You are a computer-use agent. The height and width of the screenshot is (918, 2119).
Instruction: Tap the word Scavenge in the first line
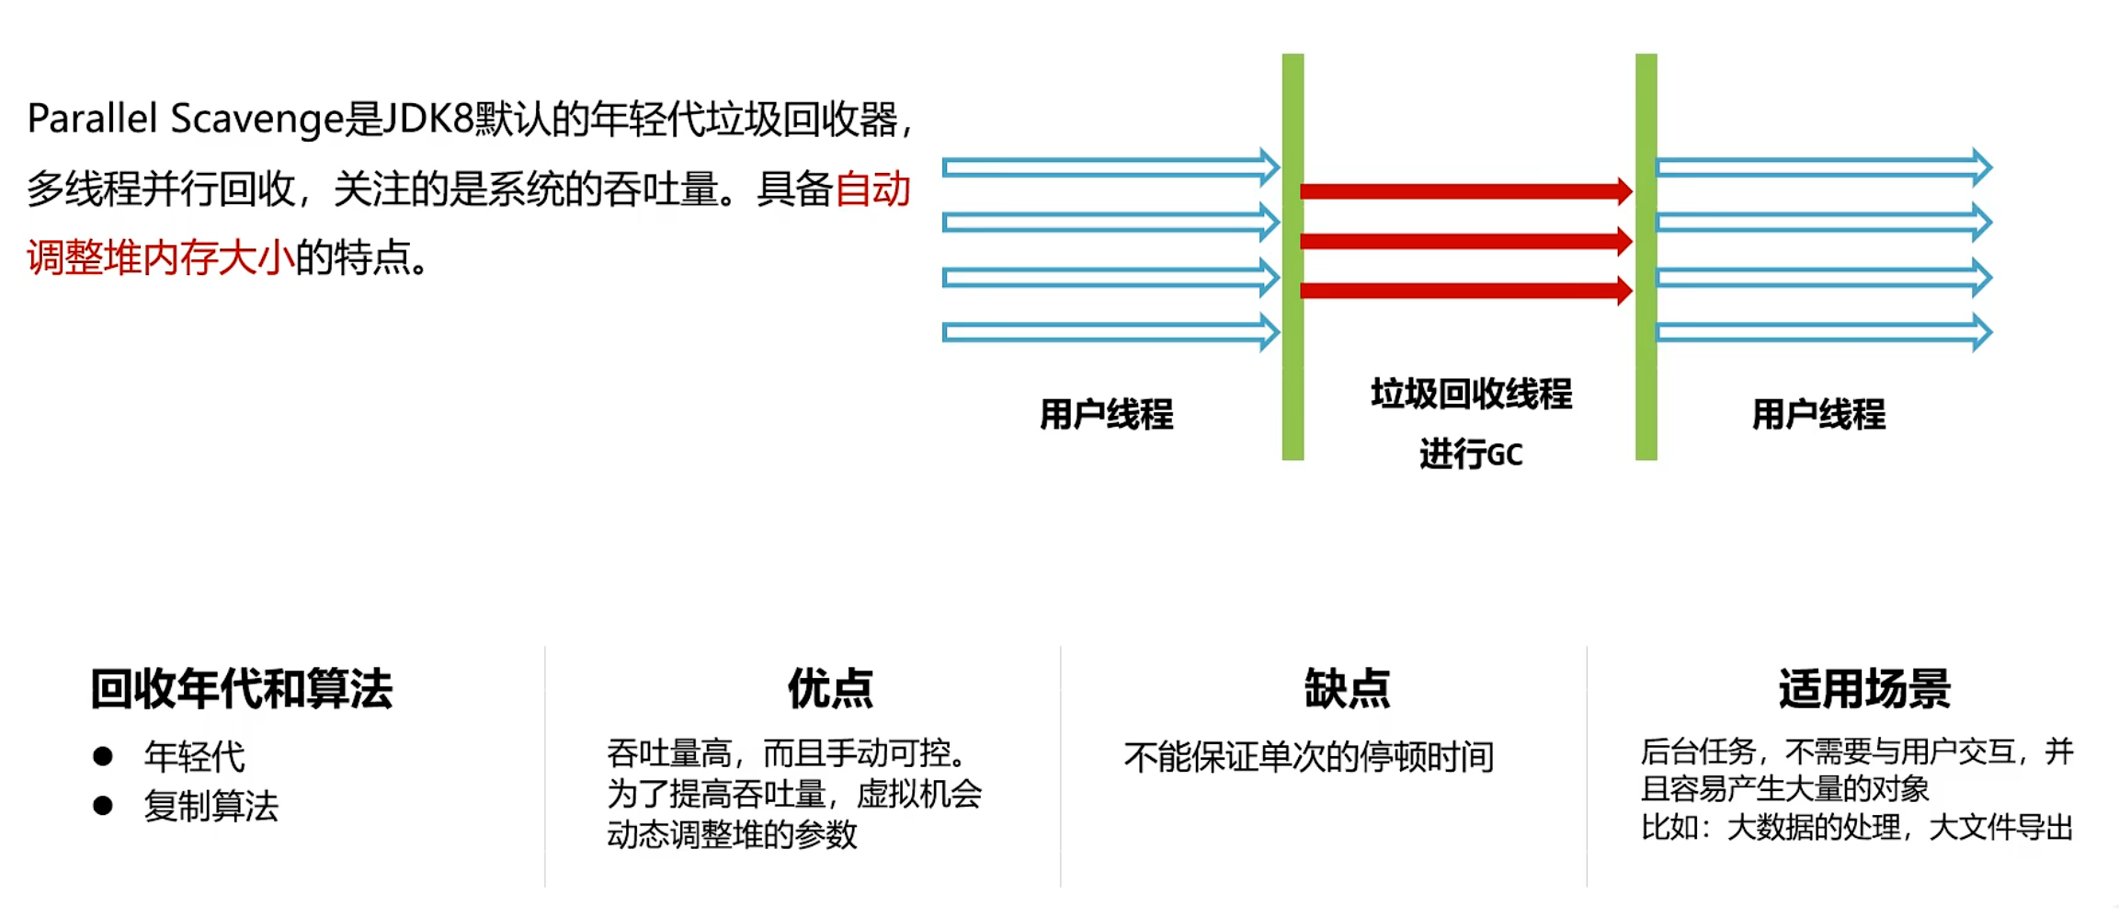pyautogui.click(x=257, y=120)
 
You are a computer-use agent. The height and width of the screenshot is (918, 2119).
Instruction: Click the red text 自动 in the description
pyautogui.click(x=872, y=189)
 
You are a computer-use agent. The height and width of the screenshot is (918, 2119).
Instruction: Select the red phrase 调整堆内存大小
pyautogui.click(x=161, y=258)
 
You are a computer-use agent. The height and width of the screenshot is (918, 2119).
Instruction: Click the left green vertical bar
pyautogui.click(x=1293, y=257)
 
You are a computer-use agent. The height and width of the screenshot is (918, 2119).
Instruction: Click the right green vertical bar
pyautogui.click(x=1646, y=257)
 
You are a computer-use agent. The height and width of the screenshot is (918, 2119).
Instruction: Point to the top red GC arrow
pyautogui.click(x=1465, y=191)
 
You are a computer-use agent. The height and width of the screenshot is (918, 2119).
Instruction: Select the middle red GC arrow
pyautogui.click(x=1465, y=241)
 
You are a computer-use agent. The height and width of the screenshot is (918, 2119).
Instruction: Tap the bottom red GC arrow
pyautogui.click(x=1465, y=291)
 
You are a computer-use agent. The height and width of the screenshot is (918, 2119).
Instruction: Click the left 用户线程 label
pyautogui.click(x=1106, y=415)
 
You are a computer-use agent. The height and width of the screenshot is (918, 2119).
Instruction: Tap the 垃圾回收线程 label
pyautogui.click(x=1471, y=395)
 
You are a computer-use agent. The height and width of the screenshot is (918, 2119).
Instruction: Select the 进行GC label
pyautogui.click(x=1471, y=454)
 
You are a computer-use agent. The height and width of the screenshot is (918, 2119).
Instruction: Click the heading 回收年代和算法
pyautogui.click(x=241, y=689)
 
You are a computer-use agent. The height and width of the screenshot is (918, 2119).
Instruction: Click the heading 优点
pyautogui.click(x=830, y=689)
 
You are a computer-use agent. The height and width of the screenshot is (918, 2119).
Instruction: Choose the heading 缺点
pyautogui.click(x=1347, y=689)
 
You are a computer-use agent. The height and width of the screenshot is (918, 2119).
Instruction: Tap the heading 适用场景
pyautogui.click(x=1864, y=689)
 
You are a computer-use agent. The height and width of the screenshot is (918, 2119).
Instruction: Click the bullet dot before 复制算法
pyautogui.click(x=103, y=806)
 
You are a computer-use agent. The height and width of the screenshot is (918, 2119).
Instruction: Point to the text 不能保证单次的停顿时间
pyautogui.click(x=1308, y=757)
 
